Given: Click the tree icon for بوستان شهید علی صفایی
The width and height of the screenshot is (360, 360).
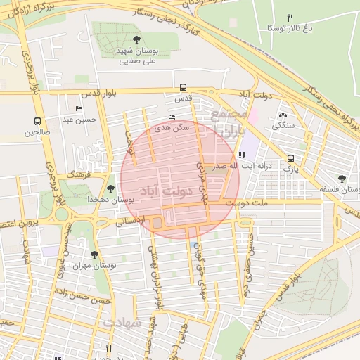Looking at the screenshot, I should click(x=136, y=40).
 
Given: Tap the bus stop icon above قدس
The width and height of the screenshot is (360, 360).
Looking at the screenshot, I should click(x=184, y=89).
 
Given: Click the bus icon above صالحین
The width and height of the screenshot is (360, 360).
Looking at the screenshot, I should click(x=37, y=121).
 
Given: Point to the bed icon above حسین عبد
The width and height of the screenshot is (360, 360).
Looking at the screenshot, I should click(x=79, y=109).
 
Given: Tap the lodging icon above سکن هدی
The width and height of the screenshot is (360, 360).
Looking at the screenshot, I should click(x=173, y=117).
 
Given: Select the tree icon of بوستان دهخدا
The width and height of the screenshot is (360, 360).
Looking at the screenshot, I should click(x=110, y=188).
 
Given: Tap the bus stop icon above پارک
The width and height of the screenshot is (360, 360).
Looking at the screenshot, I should click(x=291, y=158).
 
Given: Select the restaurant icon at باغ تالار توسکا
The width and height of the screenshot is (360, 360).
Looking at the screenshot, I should click(x=290, y=18).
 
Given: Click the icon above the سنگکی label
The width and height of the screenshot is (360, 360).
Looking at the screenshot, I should click(x=283, y=115).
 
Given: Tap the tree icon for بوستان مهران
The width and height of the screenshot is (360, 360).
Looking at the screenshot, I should click(x=95, y=255).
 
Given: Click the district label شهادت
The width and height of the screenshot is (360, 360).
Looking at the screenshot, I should click(x=123, y=323).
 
